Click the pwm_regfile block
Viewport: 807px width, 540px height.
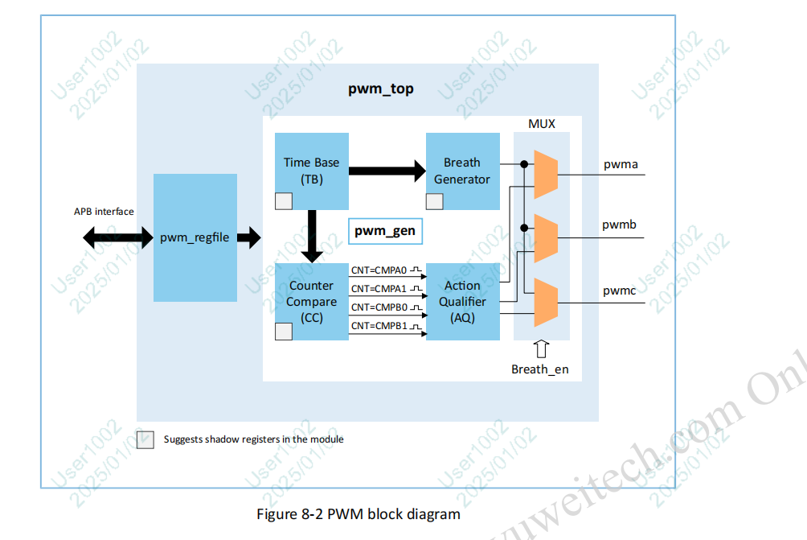click(195, 237)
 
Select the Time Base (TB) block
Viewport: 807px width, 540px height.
click(311, 171)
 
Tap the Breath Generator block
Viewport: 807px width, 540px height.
click(461, 171)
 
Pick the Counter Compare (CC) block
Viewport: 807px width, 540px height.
click(311, 301)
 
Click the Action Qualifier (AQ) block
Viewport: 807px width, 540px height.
click(461, 301)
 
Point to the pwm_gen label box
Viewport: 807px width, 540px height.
click(385, 231)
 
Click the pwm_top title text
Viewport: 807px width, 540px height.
click(381, 89)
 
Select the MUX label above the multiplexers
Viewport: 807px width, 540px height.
click(541, 123)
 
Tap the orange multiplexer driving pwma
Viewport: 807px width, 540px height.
click(546, 173)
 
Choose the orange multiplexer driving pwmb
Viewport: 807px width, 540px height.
click(546, 238)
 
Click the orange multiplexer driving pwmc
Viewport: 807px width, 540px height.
click(546, 303)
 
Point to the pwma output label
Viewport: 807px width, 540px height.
click(621, 164)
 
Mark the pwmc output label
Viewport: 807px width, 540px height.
click(620, 290)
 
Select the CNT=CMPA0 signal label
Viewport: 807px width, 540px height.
click(379, 270)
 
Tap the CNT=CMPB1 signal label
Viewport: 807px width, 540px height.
click(379, 326)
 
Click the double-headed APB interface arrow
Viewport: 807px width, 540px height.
click(117, 237)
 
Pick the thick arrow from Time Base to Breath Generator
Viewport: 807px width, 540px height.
click(387, 170)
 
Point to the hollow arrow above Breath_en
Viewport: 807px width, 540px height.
click(541, 349)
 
